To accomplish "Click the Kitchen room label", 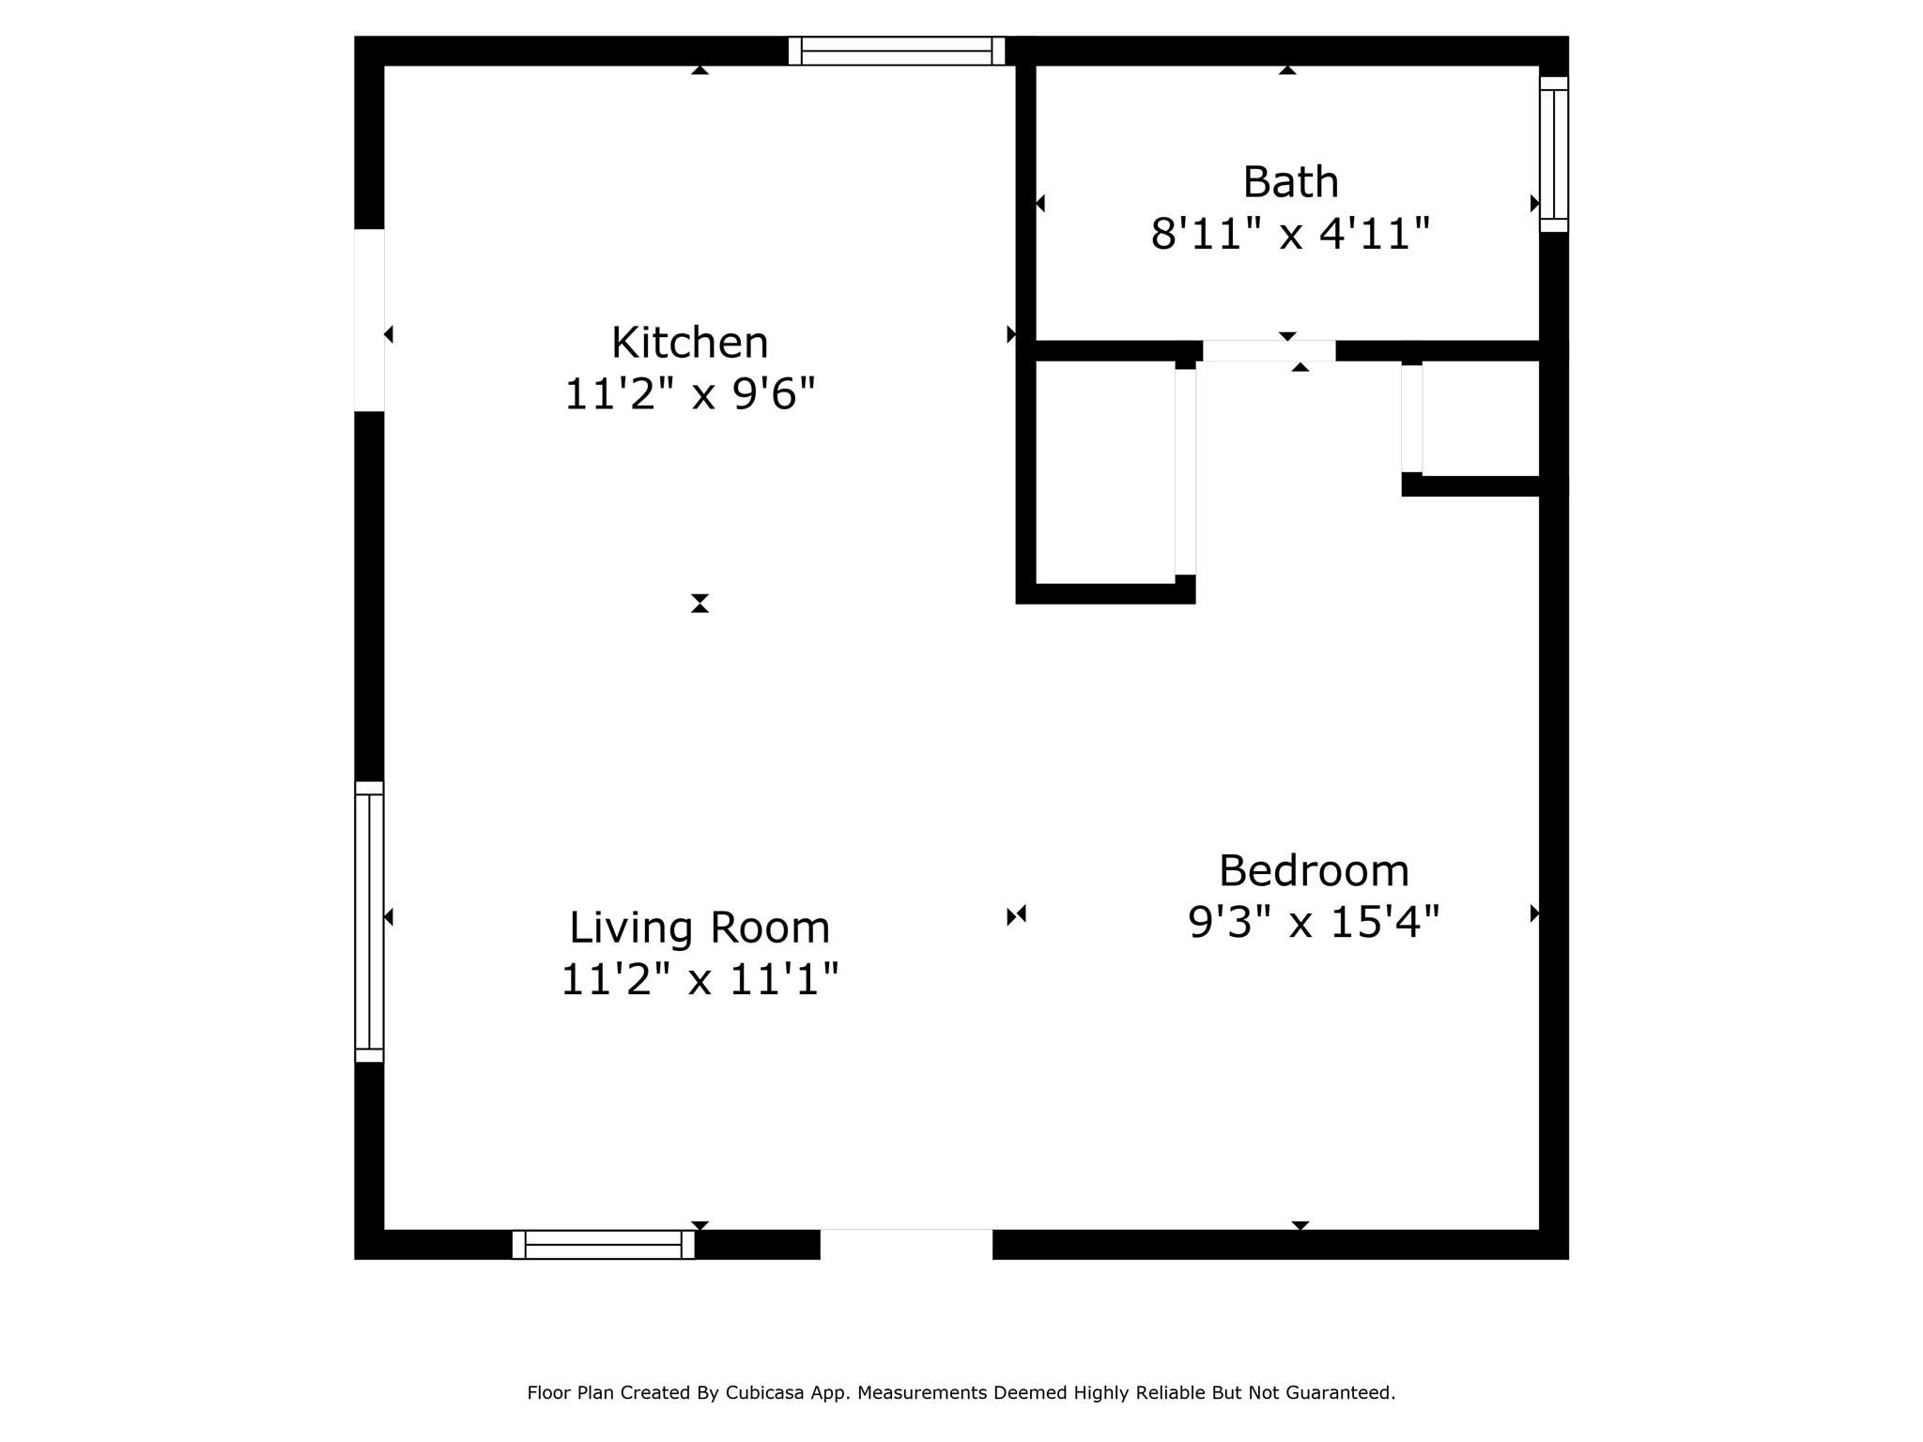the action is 690,343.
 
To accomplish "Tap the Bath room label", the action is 1291,182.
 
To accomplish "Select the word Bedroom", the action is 1314,871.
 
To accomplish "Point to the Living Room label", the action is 700,928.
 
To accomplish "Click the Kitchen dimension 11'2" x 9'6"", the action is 690,393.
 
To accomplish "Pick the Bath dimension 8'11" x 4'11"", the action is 1291,233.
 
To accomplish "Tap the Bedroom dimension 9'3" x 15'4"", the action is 1314,922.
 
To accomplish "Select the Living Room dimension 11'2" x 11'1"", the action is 700,979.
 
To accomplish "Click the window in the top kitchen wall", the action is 897,51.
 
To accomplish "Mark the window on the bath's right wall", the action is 1554,154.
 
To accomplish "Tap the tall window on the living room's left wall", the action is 369,922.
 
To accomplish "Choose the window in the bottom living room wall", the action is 603,1244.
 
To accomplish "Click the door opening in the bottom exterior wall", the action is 906,1244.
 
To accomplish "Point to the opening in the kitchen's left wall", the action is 369,320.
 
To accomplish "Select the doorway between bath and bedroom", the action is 1269,351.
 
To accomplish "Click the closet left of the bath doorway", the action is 1105,472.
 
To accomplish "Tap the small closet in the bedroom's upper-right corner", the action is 1481,419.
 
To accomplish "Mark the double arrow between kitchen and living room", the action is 700,604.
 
